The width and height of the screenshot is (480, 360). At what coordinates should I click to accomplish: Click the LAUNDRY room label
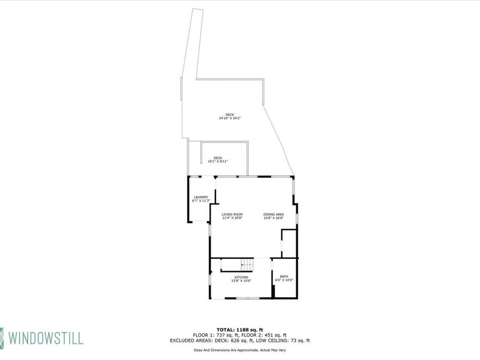[x=201, y=197]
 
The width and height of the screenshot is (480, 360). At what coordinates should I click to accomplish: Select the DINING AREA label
[x=273, y=214]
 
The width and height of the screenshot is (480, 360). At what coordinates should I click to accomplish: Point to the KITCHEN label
[x=241, y=277]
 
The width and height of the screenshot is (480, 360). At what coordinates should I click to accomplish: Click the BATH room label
[x=284, y=276]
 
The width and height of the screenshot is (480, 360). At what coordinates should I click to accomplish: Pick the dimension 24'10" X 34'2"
[x=230, y=118]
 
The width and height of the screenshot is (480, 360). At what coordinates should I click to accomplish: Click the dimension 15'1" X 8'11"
[x=218, y=161]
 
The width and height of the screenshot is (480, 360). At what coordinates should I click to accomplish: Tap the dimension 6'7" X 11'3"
[x=201, y=201]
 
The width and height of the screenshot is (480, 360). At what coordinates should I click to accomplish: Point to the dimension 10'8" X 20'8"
[x=273, y=218]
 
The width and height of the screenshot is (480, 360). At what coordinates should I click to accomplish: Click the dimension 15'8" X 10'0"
[x=241, y=281]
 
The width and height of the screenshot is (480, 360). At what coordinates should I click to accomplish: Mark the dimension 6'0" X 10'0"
[x=284, y=280]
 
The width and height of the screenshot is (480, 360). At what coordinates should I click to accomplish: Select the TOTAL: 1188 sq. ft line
[x=239, y=330]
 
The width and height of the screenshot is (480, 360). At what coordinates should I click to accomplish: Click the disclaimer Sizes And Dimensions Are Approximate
[x=239, y=350]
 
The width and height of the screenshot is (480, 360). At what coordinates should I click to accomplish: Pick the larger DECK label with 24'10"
[x=230, y=115]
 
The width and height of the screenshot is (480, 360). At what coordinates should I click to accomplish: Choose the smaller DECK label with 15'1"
[x=218, y=157]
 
